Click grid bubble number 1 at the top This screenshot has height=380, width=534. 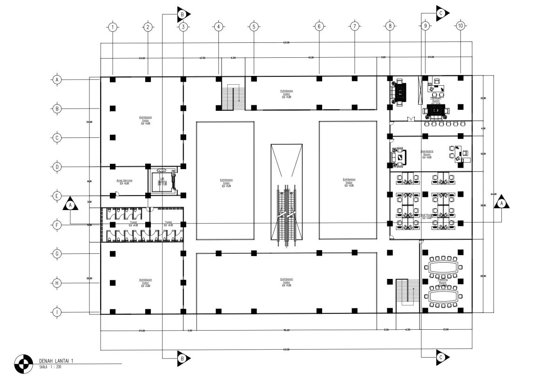[112, 27]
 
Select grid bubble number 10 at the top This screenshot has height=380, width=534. [460, 27]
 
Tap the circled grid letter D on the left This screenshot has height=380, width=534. [57, 167]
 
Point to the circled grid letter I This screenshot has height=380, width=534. [57, 312]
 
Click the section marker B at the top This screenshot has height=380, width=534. [183, 14]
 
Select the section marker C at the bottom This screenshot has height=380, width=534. [441, 357]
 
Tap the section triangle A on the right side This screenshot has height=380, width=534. [501, 203]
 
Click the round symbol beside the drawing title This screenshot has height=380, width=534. [21, 364]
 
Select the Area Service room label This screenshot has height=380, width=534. [124, 181]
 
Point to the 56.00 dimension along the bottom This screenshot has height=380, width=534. [286, 330]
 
